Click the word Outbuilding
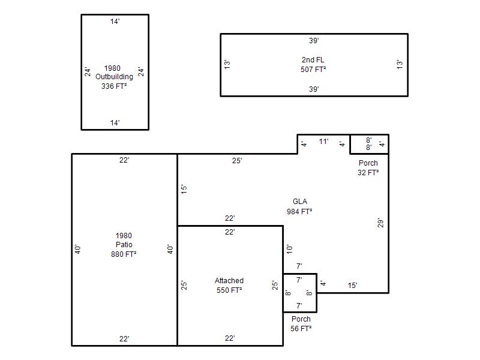click(114, 77)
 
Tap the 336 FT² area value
click(114, 86)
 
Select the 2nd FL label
click(313, 59)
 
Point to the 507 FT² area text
click(313, 69)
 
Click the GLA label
click(300, 202)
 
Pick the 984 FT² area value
click(299, 211)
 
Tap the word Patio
click(124, 245)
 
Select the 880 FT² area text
click(124, 254)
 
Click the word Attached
click(229, 280)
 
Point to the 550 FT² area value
click(229, 290)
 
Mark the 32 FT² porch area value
click(368, 172)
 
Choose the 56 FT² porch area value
click(301, 328)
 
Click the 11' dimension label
click(323, 142)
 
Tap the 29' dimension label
click(380, 223)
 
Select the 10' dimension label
click(289, 249)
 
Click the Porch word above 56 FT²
click(301, 319)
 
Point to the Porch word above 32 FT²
click(368, 163)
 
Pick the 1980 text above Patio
click(124, 235)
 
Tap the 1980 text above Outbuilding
click(112, 68)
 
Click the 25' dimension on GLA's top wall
click(237, 161)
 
